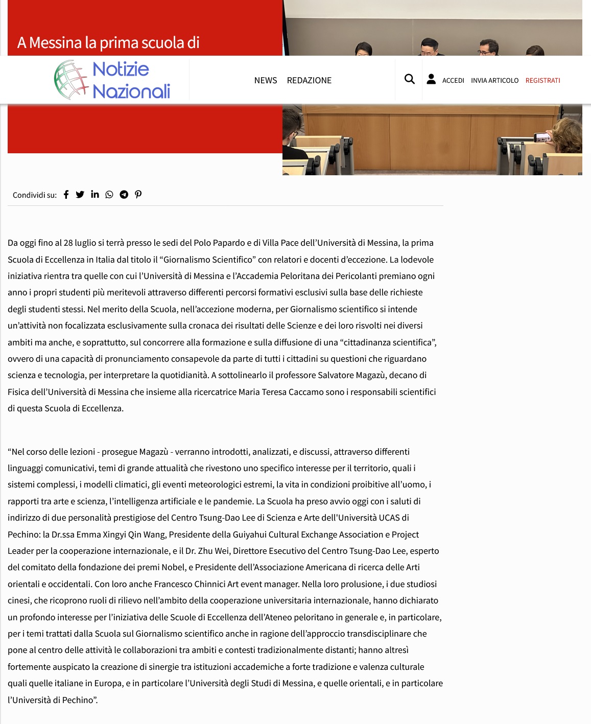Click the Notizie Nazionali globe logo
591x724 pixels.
(71, 80)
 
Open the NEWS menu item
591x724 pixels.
(266, 80)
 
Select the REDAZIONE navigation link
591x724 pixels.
(309, 80)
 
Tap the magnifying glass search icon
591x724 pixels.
(409, 79)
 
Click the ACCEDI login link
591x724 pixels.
(453, 80)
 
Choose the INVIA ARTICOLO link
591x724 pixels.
(494, 80)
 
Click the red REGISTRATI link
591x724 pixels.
(542, 80)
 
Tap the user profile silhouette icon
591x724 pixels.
(431, 79)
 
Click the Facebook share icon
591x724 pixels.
(66, 195)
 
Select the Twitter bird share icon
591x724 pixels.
(80, 195)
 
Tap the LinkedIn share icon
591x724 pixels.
(95, 194)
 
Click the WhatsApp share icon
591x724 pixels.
(109, 195)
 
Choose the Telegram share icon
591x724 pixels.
(124, 195)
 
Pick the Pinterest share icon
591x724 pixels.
(138, 195)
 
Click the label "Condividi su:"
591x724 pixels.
(35, 195)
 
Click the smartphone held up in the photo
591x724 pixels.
(542, 137)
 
